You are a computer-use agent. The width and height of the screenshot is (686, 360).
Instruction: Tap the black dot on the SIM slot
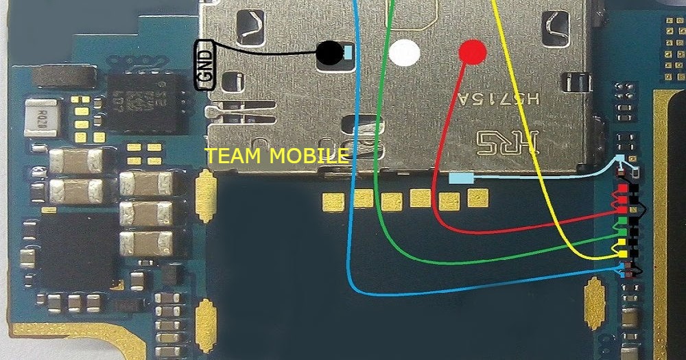[330, 52]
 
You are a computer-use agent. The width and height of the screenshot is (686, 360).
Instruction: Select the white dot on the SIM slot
[404, 53]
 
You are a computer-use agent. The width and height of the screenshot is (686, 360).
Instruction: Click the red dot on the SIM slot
[472, 51]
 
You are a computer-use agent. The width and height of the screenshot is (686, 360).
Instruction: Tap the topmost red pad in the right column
[622, 189]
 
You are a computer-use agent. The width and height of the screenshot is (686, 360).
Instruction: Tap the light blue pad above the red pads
[622, 158]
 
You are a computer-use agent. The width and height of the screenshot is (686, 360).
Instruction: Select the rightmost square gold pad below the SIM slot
[476, 197]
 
